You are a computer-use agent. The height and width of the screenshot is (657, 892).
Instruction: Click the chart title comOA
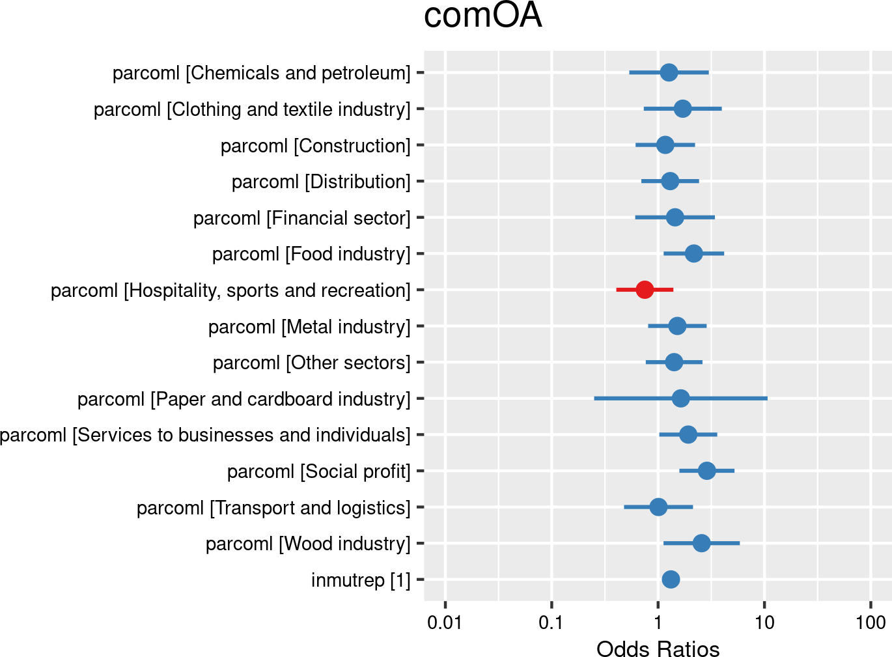[482, 16]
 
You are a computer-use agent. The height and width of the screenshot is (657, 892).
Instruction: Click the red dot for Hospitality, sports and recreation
[645, 290]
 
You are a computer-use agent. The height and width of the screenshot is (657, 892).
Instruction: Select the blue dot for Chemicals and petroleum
[669, 72]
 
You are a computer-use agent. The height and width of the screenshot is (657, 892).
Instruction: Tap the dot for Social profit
[706, 471]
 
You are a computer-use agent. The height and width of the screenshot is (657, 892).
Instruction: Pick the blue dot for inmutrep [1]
[671, 580]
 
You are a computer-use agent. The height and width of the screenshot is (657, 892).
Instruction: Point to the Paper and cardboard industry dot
[680, 398]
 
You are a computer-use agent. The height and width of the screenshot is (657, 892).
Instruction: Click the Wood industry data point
[701, 543]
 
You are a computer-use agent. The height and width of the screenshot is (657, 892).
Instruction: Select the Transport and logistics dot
[658, 507]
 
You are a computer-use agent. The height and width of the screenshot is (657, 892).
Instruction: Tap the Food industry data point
[694, 253]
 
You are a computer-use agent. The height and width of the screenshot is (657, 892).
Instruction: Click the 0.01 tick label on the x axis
[445, 623]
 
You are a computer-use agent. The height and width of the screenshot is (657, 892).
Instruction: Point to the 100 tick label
[871, 623]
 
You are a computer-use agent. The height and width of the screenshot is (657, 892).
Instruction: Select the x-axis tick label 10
[764, 623]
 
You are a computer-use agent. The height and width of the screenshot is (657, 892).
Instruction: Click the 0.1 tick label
[551, 623]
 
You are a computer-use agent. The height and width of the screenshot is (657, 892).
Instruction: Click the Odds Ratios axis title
[658, 649]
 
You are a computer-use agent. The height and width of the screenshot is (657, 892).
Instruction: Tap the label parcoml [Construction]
[316, 146]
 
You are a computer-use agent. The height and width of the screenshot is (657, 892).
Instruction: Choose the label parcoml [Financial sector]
[302, 218]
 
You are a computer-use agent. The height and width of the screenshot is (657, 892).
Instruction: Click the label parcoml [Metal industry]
[309, 327]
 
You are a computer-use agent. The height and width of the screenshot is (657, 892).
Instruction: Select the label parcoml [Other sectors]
[312, 363]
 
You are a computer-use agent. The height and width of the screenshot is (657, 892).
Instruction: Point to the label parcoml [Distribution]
[321, 182]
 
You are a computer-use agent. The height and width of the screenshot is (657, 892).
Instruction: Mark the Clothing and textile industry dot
[682, 109]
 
